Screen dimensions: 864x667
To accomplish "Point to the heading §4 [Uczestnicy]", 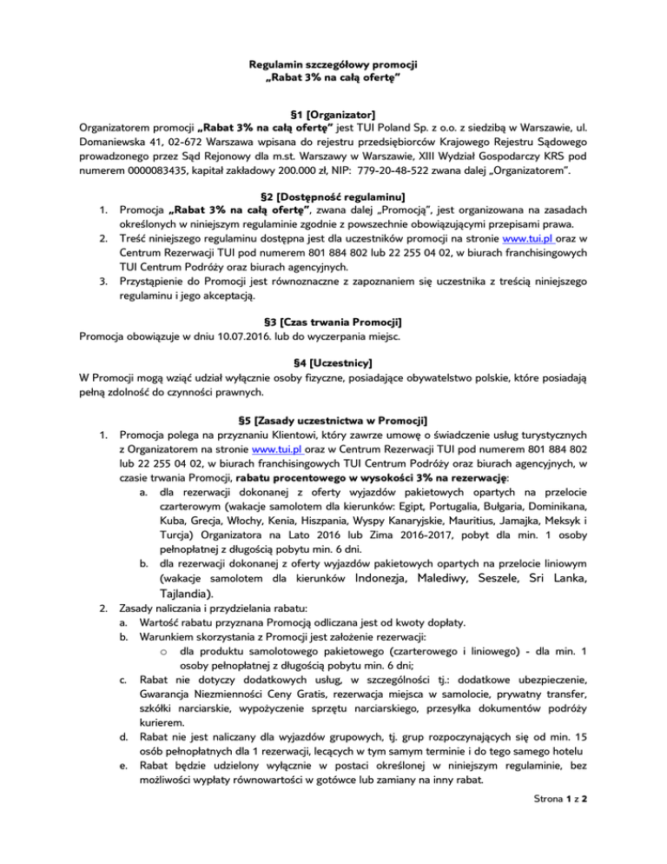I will (x=333, y=362).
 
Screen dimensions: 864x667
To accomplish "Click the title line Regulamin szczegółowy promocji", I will (x=333, y=65).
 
